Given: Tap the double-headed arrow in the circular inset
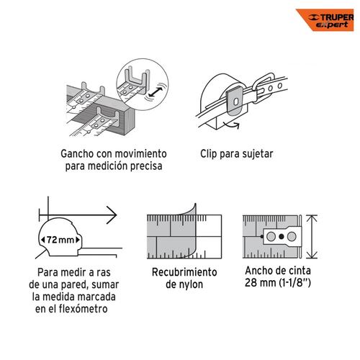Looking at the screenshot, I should click(x=156, y=92).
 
